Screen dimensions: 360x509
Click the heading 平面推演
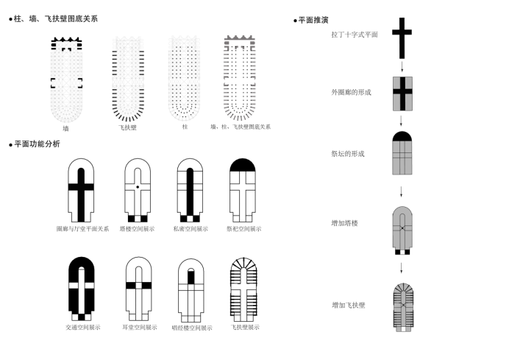[313, 20]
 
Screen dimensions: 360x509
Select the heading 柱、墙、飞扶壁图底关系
[55, 18]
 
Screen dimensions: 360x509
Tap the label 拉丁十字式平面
[354, 35]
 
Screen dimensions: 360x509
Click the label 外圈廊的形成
[351, 92]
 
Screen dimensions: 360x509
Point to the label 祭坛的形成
[347, 154]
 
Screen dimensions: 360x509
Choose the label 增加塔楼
[344, 222]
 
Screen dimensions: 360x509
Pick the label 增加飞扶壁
[348, 305]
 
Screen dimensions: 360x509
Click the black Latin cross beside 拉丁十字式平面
[402, 38]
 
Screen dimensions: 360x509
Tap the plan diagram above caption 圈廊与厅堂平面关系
[81, 190]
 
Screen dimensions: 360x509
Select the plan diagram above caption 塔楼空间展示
[138, 190]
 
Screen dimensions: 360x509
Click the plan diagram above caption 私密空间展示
[190, 190]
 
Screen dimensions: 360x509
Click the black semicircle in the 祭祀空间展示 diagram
[242, 166]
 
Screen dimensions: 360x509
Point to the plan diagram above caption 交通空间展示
[81, 288]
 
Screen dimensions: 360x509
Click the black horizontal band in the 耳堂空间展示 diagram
[138, 285]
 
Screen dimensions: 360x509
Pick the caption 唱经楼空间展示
[191, 328]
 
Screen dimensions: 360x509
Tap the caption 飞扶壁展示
[244, 327]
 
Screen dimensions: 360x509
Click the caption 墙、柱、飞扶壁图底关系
[241, 127]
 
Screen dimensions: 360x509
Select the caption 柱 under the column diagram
[185, 127]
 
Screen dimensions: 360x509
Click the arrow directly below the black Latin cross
[402, 66]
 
